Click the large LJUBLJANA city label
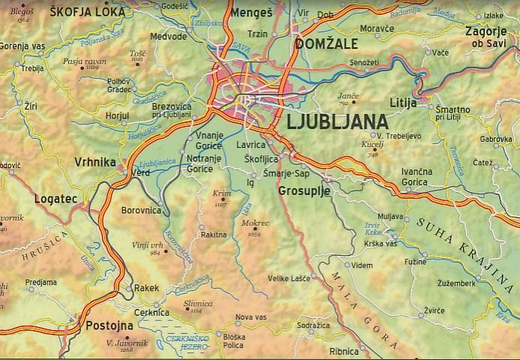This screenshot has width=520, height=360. coord(338,122)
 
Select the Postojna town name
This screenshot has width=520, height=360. coord(110,326)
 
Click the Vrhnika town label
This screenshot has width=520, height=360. coord(95,162)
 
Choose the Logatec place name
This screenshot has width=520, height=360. coord(56,199)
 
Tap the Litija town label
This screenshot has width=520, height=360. coord(403,102)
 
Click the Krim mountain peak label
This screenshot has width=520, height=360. coord(221,194)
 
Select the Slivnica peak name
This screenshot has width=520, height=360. coord(197,304)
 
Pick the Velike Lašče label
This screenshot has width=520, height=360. coord(289,278)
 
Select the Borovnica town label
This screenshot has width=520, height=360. coord(141,211)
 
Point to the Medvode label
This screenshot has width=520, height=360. coord(168,35)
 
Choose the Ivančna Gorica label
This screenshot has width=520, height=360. coord(416,176)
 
